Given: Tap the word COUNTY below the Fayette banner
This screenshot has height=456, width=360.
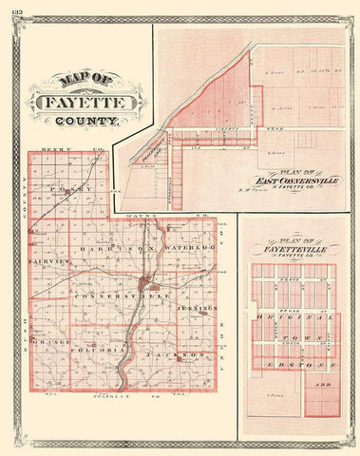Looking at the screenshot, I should point(88,122).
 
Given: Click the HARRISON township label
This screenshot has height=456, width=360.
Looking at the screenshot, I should point(124,249).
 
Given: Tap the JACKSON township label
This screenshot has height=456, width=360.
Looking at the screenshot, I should point(179,354).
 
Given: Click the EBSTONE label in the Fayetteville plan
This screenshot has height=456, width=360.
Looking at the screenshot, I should point(292,362).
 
